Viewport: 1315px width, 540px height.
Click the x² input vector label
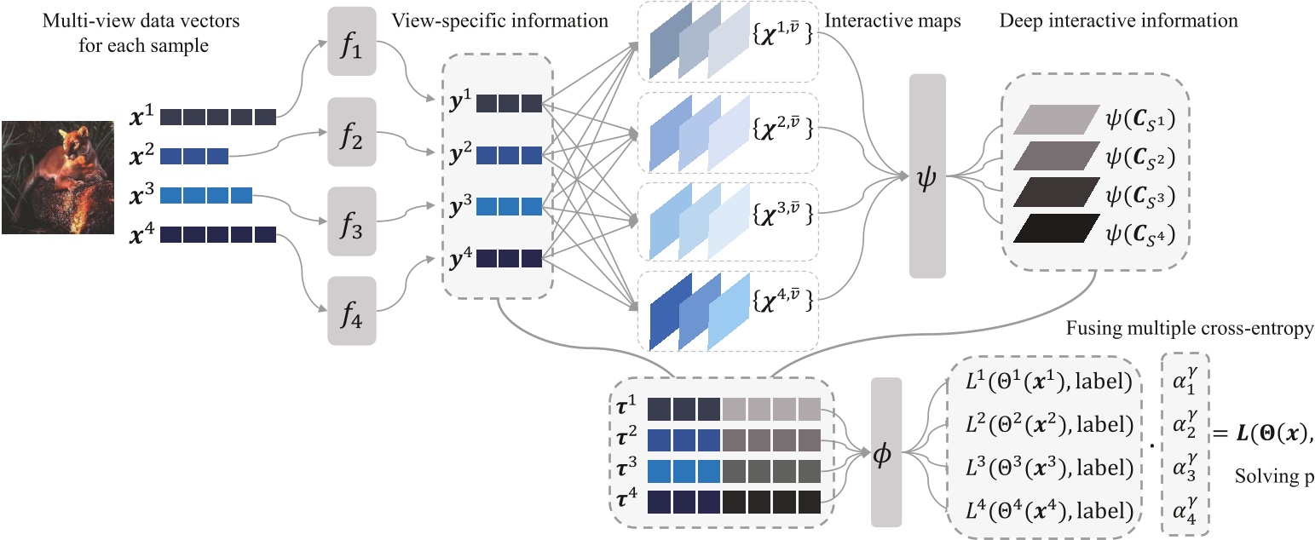143,156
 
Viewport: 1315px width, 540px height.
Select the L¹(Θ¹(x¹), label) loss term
1049,382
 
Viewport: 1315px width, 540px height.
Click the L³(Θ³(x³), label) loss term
1049,468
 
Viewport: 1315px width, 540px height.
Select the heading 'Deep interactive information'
1120,20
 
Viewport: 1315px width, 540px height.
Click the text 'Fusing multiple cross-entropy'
1189,329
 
